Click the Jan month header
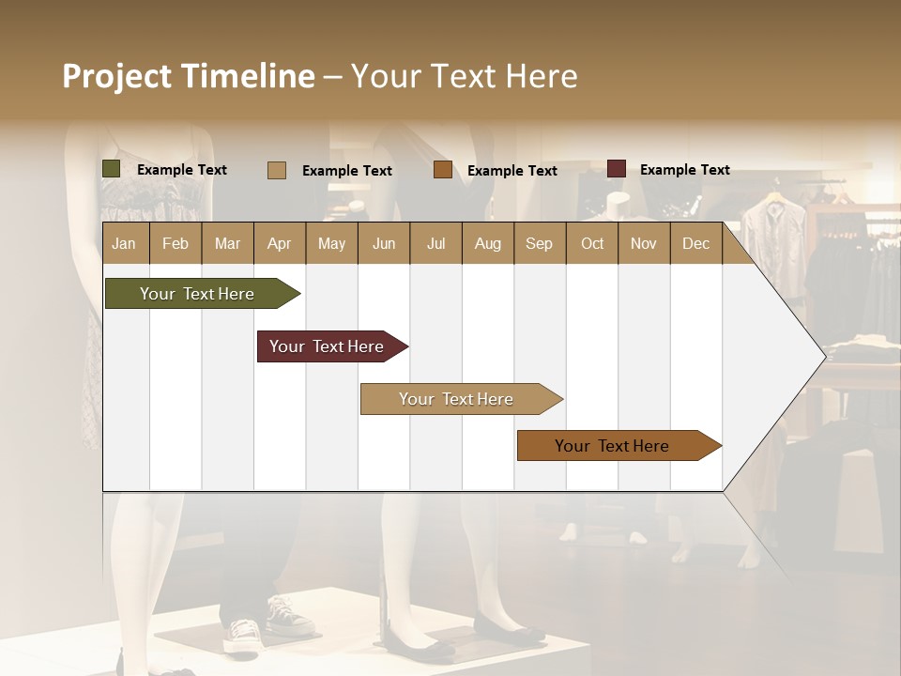pyautogui.click(x=124, y=244)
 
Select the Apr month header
pyautogui.click(x=279, y=244)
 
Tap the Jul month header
pyautogui.click(x=435, y=244)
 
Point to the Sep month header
pyautogui.click(x=539, y=244)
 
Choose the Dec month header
pyautogui.click(x=695, y=244)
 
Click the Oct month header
pyautogui.click(x=592, y=244)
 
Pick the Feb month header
pyautogui.click(x=176, y=244)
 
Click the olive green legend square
pyautogui.click(x=112, y=169)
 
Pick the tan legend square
pyautogui.click(x=277, y=170)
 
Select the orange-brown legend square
pyautogui.click(x=443, y=170)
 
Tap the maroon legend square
pyautogui.click(x=617, y=169)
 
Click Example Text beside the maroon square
pyautogui.click(x=684, y=170)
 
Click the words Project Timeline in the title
pyautogui.click(x=188, y=76)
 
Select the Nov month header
pyautogui.click(x=644, y=244)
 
